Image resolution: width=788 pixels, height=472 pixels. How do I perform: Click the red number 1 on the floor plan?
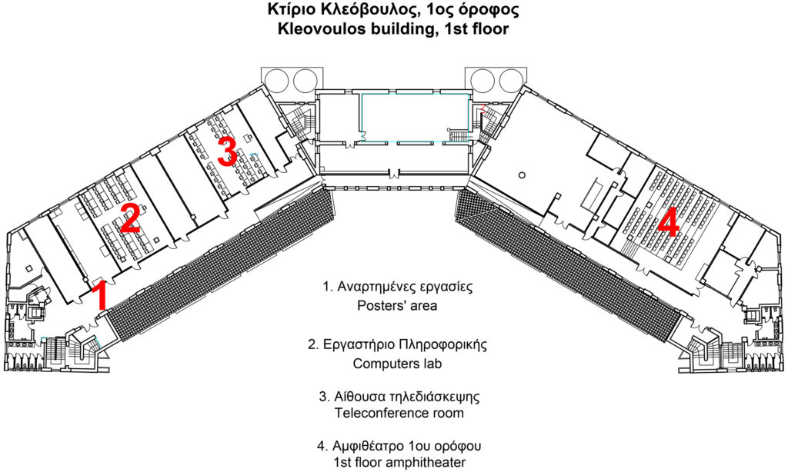tap(102, 296)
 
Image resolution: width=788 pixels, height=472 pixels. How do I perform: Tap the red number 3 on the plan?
tap(227, 151)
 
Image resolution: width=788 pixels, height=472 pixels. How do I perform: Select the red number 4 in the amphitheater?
tap(669, 223)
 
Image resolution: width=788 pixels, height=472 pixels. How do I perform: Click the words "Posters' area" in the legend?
tap(397, 305)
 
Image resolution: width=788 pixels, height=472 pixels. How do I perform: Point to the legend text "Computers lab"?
tap(397, 364)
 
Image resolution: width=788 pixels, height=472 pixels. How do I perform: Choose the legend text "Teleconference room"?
tap(399, 414)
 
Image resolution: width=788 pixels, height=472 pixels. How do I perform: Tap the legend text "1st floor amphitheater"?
tap(399, 462)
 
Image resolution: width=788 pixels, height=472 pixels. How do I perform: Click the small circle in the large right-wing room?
tap(523, 175)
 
